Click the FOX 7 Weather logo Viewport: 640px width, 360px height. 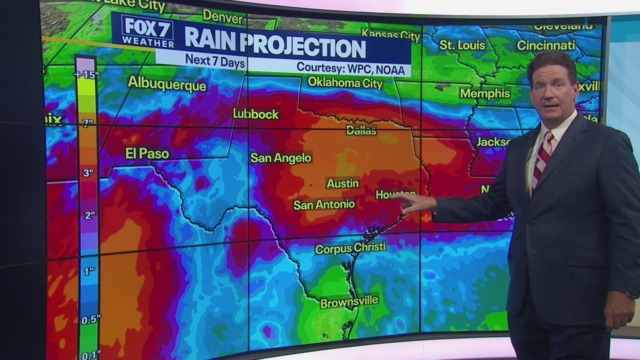[x=147, y=32]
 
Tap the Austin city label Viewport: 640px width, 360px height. [x=342, y=183]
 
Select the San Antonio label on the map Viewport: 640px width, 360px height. [x=324, y=204]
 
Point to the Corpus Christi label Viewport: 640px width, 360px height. [x=350, y=248]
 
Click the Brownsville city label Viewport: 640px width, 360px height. [x=349, y=302]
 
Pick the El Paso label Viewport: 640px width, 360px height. [x=147, y=153]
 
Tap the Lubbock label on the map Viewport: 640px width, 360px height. [x=255, y=114]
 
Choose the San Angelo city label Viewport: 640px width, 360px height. [x=281, y=158]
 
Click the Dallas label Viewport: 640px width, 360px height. [x=361, y=130]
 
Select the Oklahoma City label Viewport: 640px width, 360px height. [x=345, y=82]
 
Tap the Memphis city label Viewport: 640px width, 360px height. [x=484, y=93]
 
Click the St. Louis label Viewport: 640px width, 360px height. [x=462, y=45]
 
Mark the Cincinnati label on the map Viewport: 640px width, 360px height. [x=546, y=45]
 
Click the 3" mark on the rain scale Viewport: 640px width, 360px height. [x=88, y=173]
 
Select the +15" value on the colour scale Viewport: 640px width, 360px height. [x=86, y=75]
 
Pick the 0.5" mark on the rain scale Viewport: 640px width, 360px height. [x=90, y=319]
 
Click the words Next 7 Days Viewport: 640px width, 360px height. [x=215, y=60]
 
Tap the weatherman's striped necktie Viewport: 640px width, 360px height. [x=542, y=159]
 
